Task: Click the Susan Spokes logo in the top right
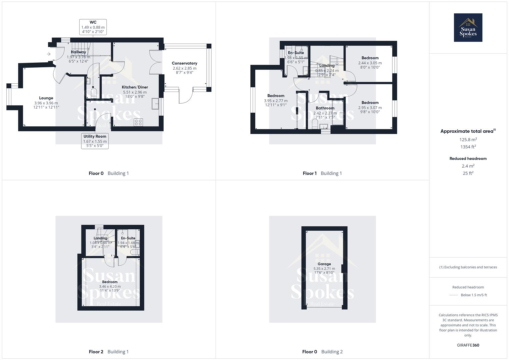tap(468, 28)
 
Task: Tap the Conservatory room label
tap(184, 63)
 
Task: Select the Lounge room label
tap(46, 98)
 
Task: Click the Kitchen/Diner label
tap(135, 87)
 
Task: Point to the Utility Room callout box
tap(95, 141)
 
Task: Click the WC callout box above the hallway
tap(93, 27)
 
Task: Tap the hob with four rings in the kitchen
tap(138, 122)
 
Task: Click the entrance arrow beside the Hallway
tap(49, 54)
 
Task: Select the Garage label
tap(324, 264)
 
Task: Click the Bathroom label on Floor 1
tap(325, 108)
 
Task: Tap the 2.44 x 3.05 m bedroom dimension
tap(370, 63)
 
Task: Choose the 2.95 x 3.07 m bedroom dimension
tap(370, 108)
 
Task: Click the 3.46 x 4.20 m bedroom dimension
tap(110, 286)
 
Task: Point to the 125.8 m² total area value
tap(468, 139)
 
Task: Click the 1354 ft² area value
tap(468, 147)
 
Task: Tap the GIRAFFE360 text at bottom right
tap(468, 345)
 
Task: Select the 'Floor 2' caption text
tap(96, 352)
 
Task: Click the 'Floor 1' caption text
tap(310, 173)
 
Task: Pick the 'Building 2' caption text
tap(332, 352)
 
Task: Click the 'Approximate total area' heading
tap(467, 131)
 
